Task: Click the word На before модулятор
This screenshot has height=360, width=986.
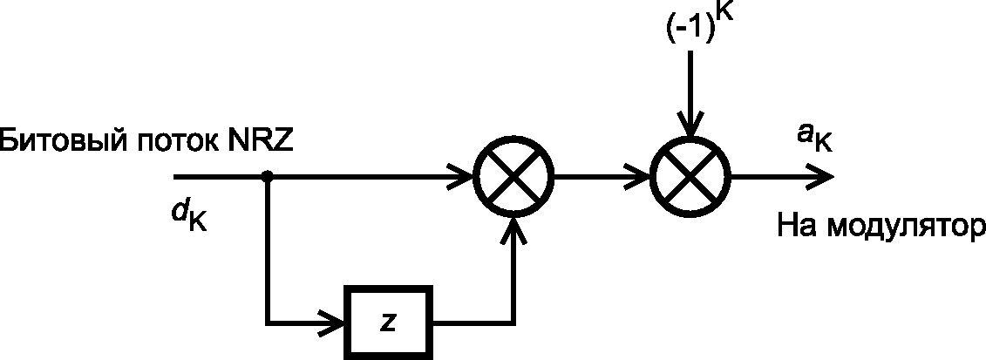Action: pos(799,224)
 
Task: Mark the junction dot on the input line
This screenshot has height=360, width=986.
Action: pos(268,177)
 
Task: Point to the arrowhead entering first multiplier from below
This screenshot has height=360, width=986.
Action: pos(515,230)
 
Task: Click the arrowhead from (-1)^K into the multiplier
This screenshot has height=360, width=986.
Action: pos(691,125)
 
